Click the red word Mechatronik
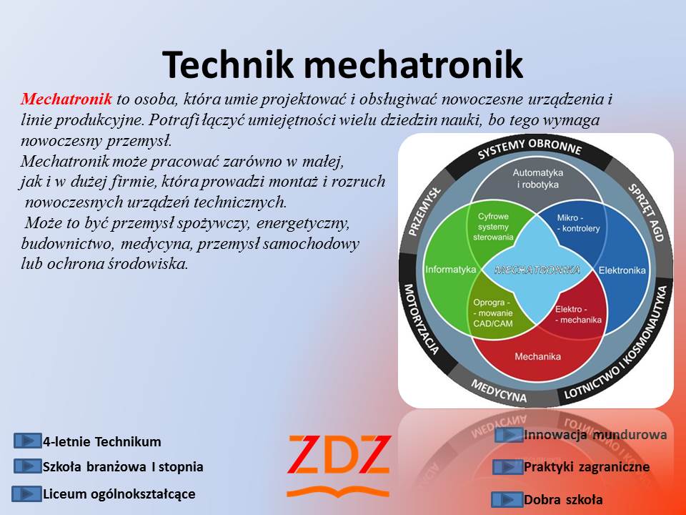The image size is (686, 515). (x=66, y=99)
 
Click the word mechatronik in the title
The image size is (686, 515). (x=413, y=64)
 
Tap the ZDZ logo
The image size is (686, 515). (x=338, y=466)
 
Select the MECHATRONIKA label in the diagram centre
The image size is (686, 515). (x=537, y=270)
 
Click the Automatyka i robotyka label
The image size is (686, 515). (x=537, y=179)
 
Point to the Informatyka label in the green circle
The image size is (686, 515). (x=451, y=270)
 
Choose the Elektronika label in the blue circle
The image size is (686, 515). (x=622, y=270)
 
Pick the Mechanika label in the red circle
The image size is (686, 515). (x=537, y=356)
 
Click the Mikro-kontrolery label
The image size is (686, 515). (x=578, y=223)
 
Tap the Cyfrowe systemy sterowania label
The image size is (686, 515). (x=493, y=227)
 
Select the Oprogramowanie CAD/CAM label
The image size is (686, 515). (x=492, y=313)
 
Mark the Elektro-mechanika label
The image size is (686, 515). (x=578, y=315)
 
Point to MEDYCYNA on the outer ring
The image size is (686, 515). (x=498, y=391)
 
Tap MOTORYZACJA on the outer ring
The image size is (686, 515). (x=420, y=319)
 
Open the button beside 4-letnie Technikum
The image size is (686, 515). (x=28, y=441)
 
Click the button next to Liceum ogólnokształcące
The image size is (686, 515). (x=26, y=494)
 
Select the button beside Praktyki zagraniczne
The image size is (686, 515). (x=507, y=467)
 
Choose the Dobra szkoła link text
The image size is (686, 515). (x=563, y=500)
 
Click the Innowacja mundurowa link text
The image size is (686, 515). (x=595, y=435)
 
